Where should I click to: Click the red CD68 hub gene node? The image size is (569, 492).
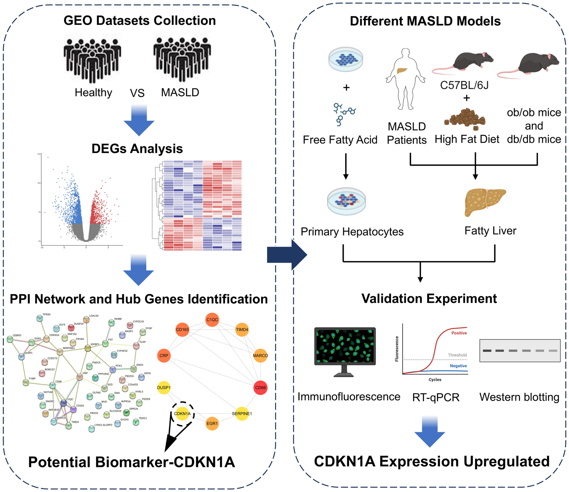(260, 388)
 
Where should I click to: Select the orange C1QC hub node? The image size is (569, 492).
(212, 320)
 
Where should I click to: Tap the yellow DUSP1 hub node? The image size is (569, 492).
(164, 388)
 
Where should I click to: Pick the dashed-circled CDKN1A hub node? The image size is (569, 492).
(182, 414)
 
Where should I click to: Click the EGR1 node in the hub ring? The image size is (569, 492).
(212, 423)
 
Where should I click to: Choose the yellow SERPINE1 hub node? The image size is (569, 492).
(242, 414)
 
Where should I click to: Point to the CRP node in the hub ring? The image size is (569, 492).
(164, 356)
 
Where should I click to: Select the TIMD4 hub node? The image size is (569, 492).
(242, 330)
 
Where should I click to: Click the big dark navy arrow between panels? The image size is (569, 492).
(287, 255)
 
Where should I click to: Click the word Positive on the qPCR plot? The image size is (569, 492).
(459, 333)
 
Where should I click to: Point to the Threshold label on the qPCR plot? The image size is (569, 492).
(457, 355)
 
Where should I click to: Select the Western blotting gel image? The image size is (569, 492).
(520, 351)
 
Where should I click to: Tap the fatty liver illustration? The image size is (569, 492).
(485, 202)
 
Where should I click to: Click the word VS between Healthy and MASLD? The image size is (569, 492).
(137, 93)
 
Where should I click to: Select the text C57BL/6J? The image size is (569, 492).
(464, 85)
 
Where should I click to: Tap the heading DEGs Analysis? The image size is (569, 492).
(137, 149)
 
